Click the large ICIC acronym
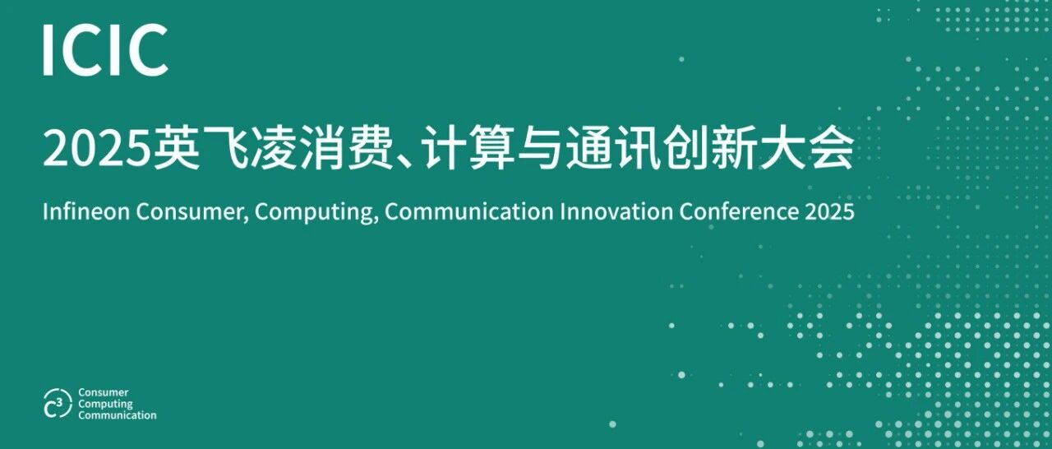point(106,50)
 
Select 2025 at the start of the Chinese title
point(96,149)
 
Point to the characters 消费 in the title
point(347,148)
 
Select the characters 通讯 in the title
point(612,148)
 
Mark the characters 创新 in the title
point(708,148)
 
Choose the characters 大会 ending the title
point(805,148)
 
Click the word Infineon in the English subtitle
point(86,211)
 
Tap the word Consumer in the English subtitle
point(192,212)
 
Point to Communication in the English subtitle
point(468,211)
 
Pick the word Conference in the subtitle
point(738,211)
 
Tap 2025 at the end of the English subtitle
point(829,212)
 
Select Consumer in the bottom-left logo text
point(104,392)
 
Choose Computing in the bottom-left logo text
point(106,404)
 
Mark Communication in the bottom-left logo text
point(118,415)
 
